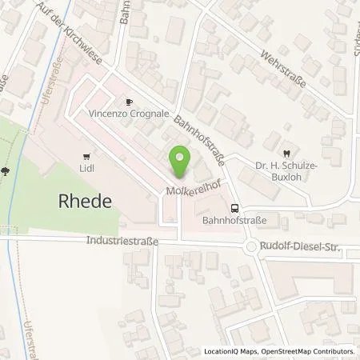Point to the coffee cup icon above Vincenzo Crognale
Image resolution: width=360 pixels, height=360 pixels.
click(x=129, y=102)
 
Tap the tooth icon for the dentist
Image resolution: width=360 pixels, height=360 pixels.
click(x=286, y=154)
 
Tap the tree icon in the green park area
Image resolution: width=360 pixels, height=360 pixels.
click(x=6, y=170)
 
